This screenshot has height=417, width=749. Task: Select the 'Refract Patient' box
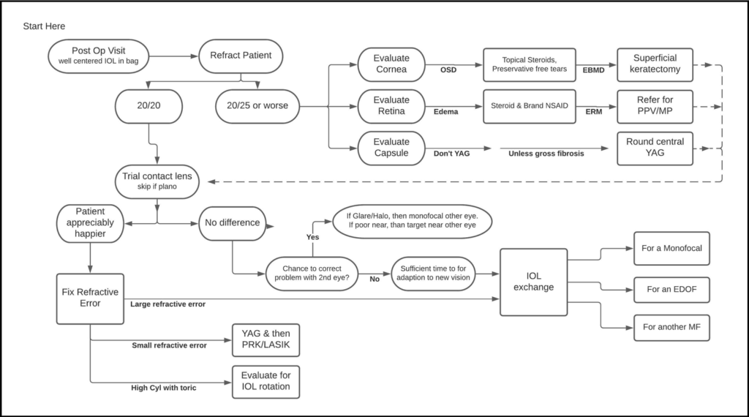tap(241, 55)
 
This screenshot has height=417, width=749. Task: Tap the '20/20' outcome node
tap(149, 105)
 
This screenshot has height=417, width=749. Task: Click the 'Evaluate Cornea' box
tap(391, 64)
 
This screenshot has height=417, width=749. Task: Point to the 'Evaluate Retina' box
tap(391, 105)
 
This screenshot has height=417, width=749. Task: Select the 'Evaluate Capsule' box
tap(391, 147)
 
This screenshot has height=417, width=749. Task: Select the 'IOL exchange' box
tap(533, 282)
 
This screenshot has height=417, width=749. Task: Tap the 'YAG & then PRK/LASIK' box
tap(266, 340)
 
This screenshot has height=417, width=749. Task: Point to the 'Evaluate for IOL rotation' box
tap(266, 381)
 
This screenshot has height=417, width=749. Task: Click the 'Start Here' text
tap(44, 26)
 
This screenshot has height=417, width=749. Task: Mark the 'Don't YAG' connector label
tap(452, 154)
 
